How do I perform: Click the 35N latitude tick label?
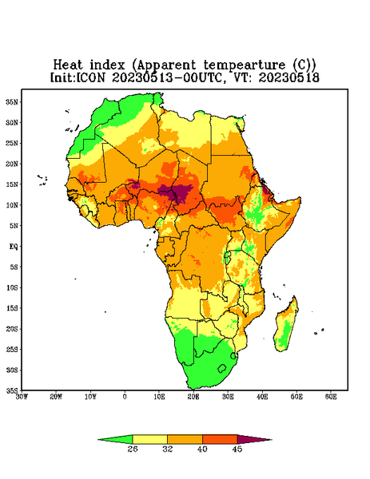coord(12,102)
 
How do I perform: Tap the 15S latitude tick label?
coord(12,308)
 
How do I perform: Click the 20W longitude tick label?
coord(56,397)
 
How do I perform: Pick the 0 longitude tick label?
coord(125,397)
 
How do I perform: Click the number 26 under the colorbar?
coord(133,449)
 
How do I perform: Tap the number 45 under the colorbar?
coord(237,449)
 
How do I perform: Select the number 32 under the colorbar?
coord(168,449)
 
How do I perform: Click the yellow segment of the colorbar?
coord(149,439)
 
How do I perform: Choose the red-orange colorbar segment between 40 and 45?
coord(220,439)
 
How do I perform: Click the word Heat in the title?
coord(68,65)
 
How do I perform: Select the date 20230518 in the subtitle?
coord(289,77)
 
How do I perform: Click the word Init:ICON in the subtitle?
coord(78,77)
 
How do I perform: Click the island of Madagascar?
coord(287,326)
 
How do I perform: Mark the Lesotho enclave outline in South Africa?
coord(222,368)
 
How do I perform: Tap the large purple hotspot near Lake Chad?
coord(181,193)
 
